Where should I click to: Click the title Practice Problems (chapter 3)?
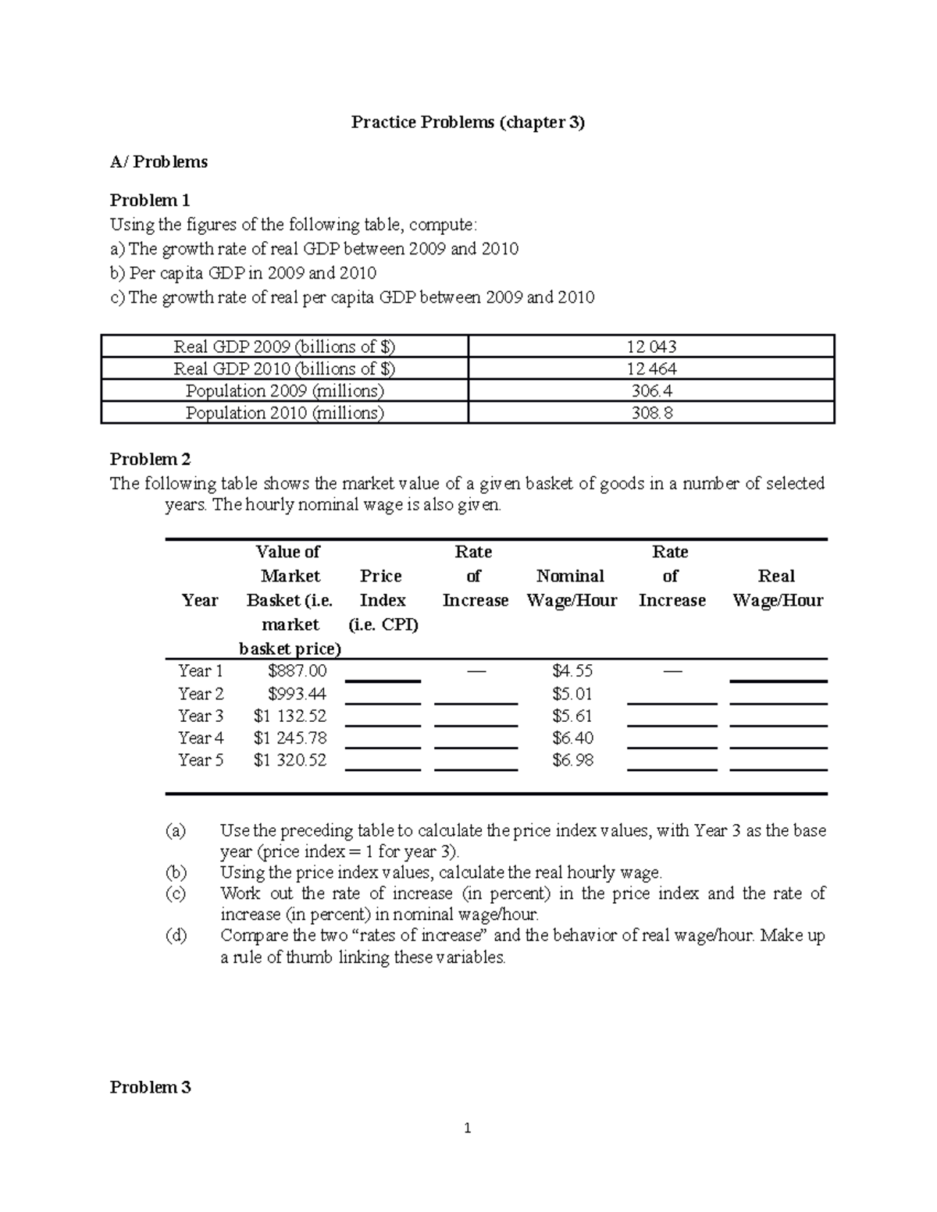click(468, 122)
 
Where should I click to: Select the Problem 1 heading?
click(150, 200)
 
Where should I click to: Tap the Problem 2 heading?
click(150, 459)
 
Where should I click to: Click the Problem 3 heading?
click(150, 1087)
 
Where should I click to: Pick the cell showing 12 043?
click(651, 347)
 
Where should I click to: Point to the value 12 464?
click(651, 368)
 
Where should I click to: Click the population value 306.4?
click(651, 390)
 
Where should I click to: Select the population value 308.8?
click(651, 412)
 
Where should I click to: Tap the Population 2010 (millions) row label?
click(285, 412)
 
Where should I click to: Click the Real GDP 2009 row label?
click(285, 347)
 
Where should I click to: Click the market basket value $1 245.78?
click(290, 738)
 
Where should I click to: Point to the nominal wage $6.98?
click(572, 759)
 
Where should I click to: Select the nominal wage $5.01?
click(572, 694)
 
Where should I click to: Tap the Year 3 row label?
click(201, 716)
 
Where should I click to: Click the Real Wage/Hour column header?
click(777, 588)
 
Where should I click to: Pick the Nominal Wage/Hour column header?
click(572, 588)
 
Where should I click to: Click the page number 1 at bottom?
click(468, 1128)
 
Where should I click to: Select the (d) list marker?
click(176, 935)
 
